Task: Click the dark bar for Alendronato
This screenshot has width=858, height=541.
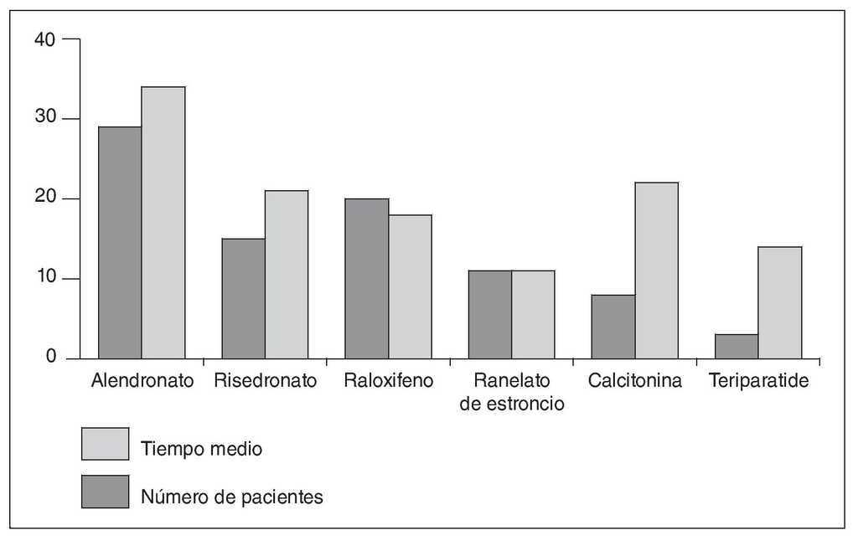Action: pos(120,243)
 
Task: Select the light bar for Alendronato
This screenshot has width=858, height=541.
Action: pos(163,223)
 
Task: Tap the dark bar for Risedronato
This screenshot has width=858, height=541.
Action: pos(243,299)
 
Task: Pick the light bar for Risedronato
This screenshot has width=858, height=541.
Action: pos(287,275)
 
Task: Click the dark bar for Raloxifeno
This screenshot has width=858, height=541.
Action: pos(366,279)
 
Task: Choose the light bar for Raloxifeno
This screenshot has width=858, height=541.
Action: pos(410,287)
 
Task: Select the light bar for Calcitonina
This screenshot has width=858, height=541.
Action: pos(656,270)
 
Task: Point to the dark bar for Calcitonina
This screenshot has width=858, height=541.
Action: pos(612,327)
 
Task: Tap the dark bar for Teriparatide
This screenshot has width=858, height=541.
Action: pos(737,347)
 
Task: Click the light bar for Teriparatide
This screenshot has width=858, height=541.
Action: pos(780,302)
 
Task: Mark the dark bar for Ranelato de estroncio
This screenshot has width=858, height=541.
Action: pos(489,315)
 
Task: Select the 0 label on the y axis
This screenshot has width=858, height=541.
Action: pos(50,358)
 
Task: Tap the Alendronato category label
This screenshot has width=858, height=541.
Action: pos(142,381)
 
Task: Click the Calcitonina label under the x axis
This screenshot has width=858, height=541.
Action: pos(634,381)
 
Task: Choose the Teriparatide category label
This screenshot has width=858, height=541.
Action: pos(758,381)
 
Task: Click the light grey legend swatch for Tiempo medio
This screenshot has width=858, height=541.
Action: pos(105,444)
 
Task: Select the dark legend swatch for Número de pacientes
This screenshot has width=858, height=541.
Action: pos(105,492)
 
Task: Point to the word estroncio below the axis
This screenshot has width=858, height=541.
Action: pos(512,404)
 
